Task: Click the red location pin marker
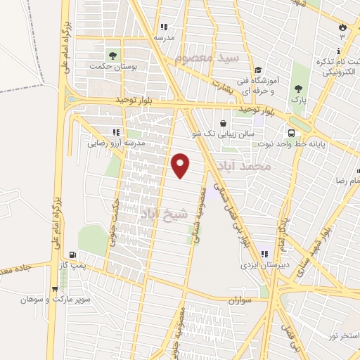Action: pos(181,165)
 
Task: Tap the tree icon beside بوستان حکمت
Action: pos(112,56)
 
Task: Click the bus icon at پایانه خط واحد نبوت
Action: pos(290,133)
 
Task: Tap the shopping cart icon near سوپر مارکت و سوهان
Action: pos(54,288)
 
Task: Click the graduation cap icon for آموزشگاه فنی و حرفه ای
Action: pos(259,70)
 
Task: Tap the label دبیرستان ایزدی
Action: pos(261,266)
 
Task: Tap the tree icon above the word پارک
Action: pos(299,89)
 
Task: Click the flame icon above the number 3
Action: pos(342,26)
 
